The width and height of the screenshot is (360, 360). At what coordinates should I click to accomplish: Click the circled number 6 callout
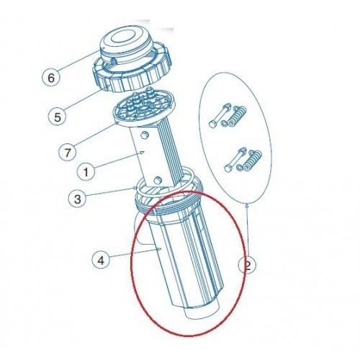click(51, 77)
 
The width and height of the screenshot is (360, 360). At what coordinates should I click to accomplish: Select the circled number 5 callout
click(58, 117)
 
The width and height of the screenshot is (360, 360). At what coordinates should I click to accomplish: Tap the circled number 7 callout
click(68, 153)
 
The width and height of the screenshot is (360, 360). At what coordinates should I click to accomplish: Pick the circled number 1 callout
click(86, 171)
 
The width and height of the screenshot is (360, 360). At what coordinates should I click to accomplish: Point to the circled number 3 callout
click(78, 199)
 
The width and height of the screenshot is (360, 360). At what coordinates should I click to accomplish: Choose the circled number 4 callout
click(102, 260)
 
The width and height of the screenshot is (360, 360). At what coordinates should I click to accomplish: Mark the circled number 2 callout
click(247, 265)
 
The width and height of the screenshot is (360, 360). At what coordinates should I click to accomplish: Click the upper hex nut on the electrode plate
click(144, 135)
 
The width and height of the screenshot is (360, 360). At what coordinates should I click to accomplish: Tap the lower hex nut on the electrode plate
click(158, 180)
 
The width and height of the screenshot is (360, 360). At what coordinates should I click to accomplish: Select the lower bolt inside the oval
click(235, 160)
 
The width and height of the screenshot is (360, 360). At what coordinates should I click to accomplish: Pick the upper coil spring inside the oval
click(237, 116)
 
